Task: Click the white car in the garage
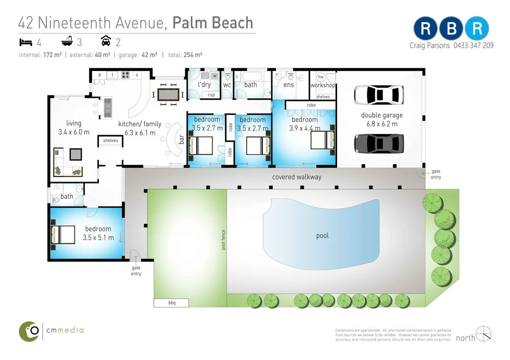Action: click(379, 94)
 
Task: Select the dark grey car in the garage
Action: click(379, 143)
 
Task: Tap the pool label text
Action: click(322, 236)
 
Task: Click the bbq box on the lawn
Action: click(171, 303)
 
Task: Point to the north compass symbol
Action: click(483, 333)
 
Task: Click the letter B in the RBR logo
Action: click(451, 30)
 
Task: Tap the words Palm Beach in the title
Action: click(213, 22)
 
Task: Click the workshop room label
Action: click(323, 85)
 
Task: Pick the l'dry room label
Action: click(204, 85)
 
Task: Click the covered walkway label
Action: click(297, 177)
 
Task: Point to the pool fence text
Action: click(223, 239)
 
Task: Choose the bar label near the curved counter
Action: click(181, 138)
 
